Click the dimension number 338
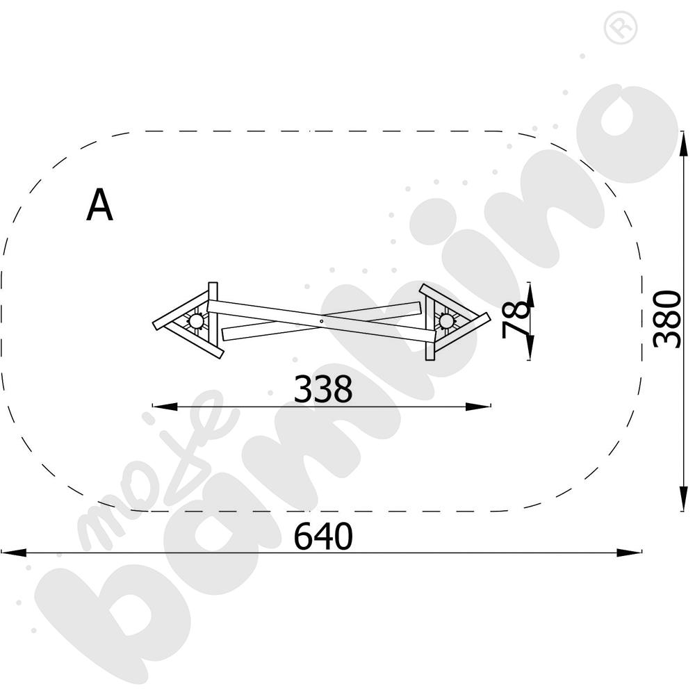pos(323,389)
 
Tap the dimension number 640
pos(323,536)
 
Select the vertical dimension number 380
pos(667,319)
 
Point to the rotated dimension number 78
pos(516,319)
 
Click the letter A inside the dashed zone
pos(99,204)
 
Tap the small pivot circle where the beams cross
pos(321,321)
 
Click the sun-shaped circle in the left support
pos(197,320)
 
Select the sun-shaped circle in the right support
pos(446,320)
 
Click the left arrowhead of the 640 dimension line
pos(13,553)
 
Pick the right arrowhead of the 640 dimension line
pos(629,553)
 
